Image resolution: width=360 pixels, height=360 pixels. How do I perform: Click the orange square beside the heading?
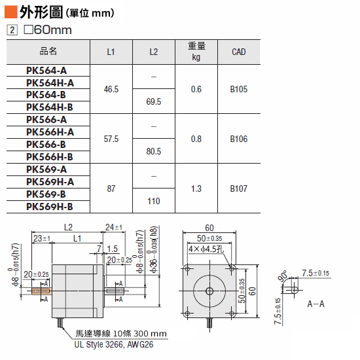click(x=10, y=12)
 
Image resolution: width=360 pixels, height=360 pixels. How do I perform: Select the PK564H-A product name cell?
click(x=50, y=83)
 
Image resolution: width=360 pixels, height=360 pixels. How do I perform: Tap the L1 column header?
click(x=111, y=52)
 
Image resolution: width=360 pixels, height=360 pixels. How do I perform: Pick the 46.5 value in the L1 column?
click(x=111, y=89)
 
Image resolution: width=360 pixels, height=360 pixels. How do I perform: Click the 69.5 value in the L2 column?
click(x=154, y=101)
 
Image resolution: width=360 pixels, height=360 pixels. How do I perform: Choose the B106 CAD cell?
click(x=239, y=139)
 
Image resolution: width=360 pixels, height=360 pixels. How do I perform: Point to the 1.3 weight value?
click(x=196, y=189)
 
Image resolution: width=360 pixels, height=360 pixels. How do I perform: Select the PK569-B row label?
click(x=46, y=194)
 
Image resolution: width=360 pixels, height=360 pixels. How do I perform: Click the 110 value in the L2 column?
click(x=154, y=201)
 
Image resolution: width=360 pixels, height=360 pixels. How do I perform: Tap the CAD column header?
click(x=239, y=52)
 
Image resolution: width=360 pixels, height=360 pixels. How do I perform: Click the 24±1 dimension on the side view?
click(x=114, y=227)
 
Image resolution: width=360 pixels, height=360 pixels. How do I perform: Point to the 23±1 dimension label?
click(x=41, y=238)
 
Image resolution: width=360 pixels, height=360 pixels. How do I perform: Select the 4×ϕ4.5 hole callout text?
click(x=206, y=249)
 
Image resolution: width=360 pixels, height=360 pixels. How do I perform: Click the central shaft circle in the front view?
click(x=209, y=291)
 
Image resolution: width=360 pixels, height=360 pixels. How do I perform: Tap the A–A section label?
click(x=315, y=304)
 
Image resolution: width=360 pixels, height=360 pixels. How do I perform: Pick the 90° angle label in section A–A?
click(x=283, y=276)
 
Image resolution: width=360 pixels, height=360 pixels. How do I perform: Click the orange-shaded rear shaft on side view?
click(x=41, y=291)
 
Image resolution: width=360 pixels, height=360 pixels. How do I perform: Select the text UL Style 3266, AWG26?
click(x=114, y=344)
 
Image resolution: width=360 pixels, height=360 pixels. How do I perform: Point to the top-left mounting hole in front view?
click(x=187, y=269)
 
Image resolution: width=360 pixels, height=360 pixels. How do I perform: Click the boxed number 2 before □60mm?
click(x=12, y=30)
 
